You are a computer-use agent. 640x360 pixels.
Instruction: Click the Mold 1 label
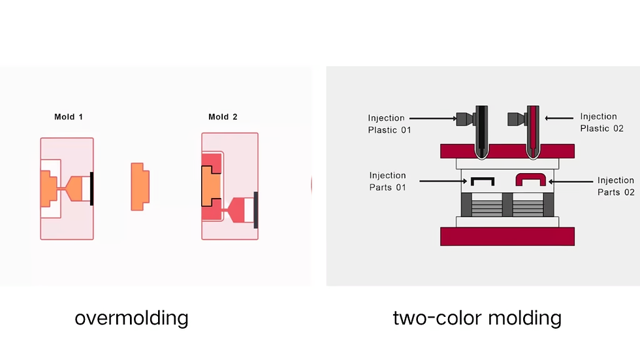pos(69,117)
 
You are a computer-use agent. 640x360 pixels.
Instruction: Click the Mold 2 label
pos(223,117)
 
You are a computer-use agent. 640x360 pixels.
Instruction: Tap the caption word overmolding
pos(131,318)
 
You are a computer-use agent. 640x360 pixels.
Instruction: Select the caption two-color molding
pos(477,318)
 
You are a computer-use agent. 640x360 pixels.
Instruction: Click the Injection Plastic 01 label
pos(389,124)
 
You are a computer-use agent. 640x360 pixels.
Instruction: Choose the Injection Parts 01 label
pos(387,182)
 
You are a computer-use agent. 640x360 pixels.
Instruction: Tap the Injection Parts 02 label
pos(615,186)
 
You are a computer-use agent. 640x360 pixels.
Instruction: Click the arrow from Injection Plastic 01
pos(435,118)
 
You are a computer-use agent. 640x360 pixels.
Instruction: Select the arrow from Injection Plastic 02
pos(559,118)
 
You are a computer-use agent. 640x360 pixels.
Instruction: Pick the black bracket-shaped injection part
pos(482,180)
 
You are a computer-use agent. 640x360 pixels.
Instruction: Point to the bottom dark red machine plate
pos(507,236)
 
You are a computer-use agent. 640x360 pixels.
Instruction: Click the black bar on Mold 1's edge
pos(92,188)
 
